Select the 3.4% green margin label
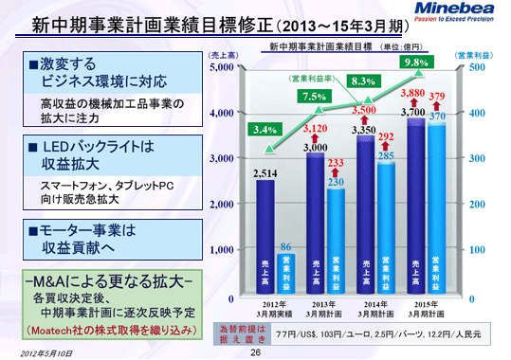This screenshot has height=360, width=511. coord(265,131)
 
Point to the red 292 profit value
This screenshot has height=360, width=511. coord(386,137)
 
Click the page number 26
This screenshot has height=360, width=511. coord(255,351)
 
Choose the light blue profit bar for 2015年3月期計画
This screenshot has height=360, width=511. coord(437,204)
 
